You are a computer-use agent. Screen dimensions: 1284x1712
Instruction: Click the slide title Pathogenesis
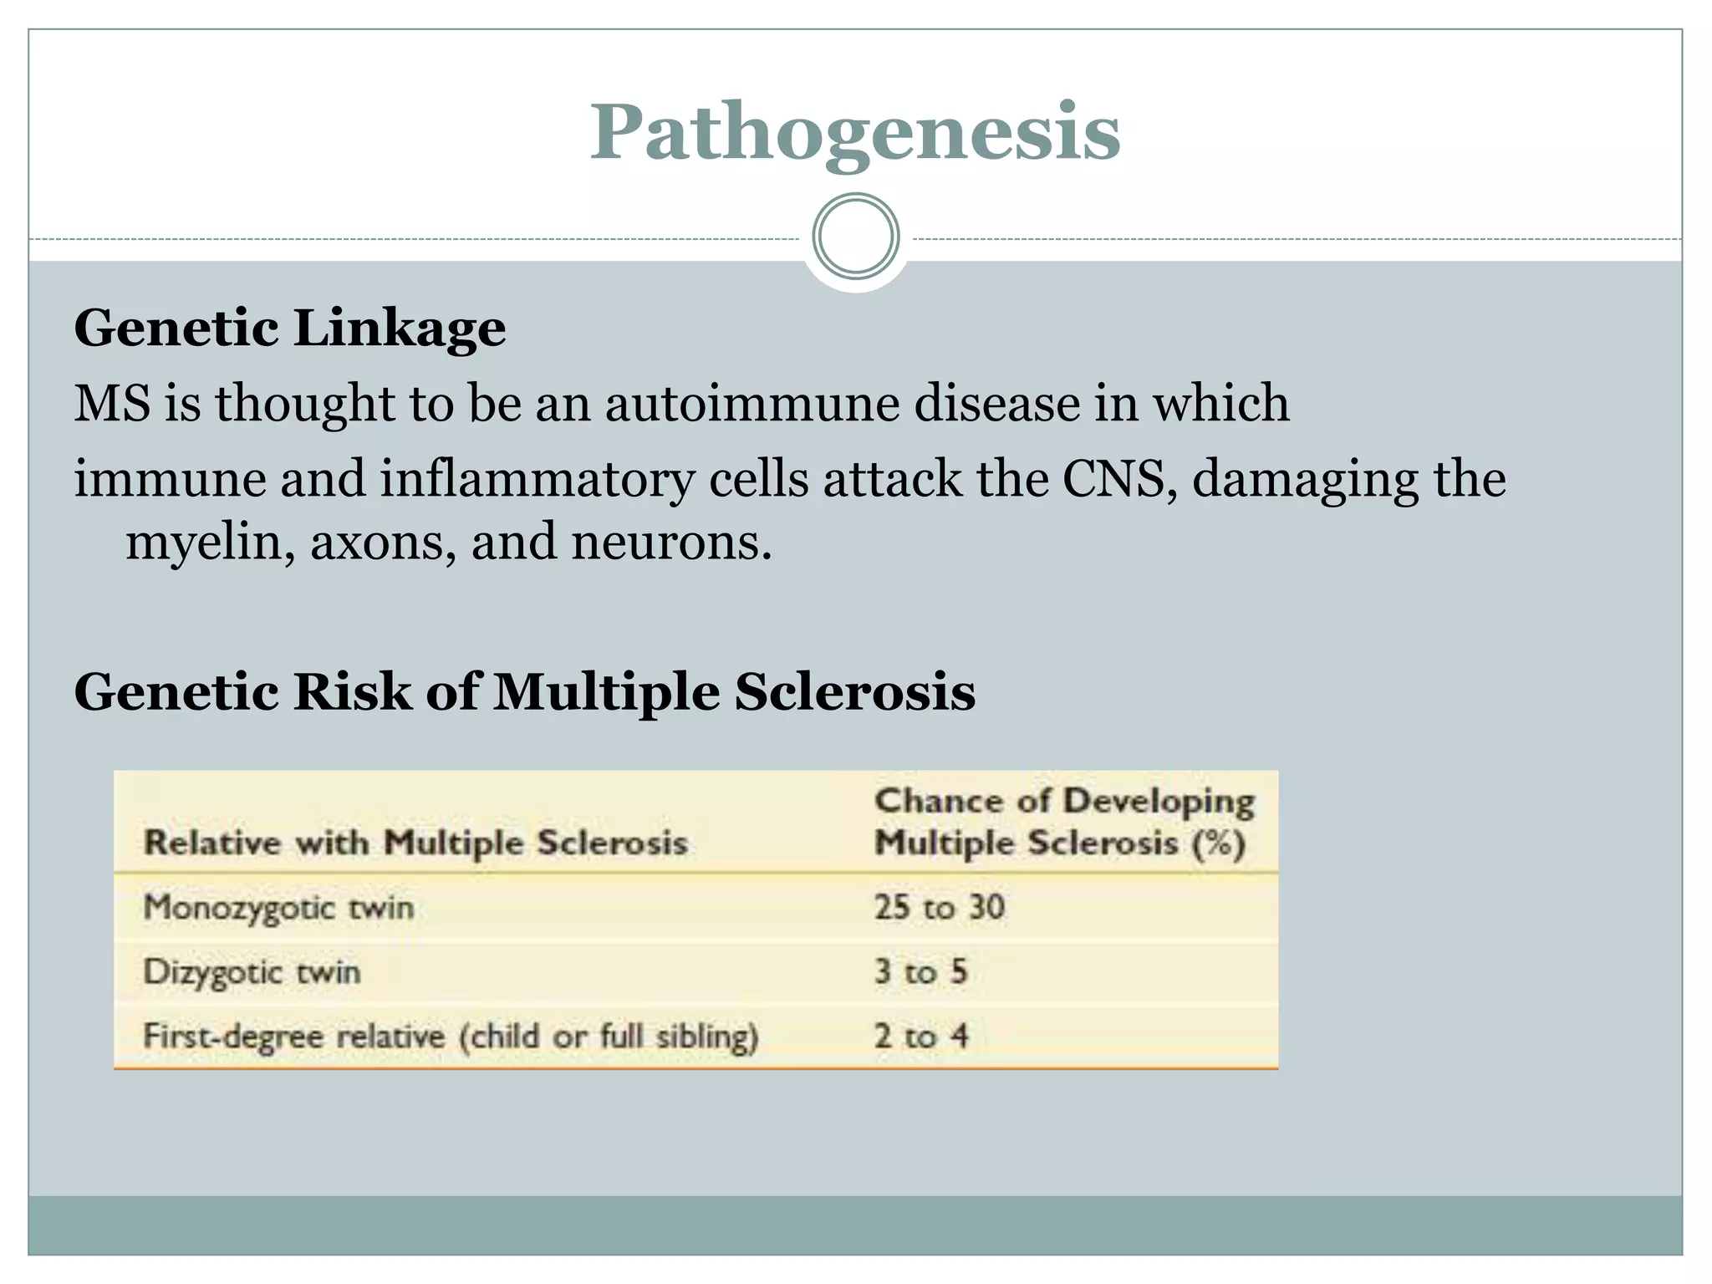tap(854, 132)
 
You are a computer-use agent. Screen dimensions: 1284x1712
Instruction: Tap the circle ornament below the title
tap(855, 237)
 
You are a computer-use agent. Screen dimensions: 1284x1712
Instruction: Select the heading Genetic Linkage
tap(290, 328)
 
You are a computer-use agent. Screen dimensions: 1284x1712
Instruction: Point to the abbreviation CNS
tap(1113, 479)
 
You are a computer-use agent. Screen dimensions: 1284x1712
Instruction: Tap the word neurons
tap(671, 542)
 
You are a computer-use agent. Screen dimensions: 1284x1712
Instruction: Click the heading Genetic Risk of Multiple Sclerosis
tap(524, 692)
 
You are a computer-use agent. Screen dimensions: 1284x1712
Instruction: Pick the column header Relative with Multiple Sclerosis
tap(415, 843)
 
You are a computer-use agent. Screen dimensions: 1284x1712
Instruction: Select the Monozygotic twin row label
tap(278, 908)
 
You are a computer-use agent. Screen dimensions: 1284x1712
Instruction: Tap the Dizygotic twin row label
tap(252, 972)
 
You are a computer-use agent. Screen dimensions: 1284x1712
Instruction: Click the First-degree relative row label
tap(450, 1037)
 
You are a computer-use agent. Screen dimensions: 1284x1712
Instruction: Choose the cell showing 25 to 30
tap(939, 907)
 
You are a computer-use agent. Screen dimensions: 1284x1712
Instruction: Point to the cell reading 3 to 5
tap(920, 972)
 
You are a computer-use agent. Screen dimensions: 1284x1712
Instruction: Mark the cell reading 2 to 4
tap(920, 1037)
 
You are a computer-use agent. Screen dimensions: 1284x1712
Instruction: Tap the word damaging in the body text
tap(1303, 479)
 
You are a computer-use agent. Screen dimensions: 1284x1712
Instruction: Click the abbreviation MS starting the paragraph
tap(113, 403)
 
